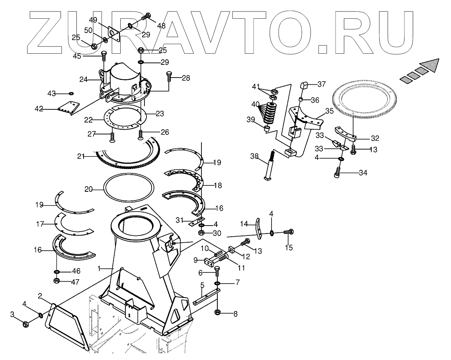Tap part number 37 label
click(x=321, y=84)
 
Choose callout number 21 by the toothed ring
click(x=81, y=156)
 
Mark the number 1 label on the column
click(x=100, y=269)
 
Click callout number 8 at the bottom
click(x=235, y=313)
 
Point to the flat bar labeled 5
click(x=206, y=297)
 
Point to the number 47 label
click(x=75, y=281)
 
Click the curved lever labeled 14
click(x=258, y=229)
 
